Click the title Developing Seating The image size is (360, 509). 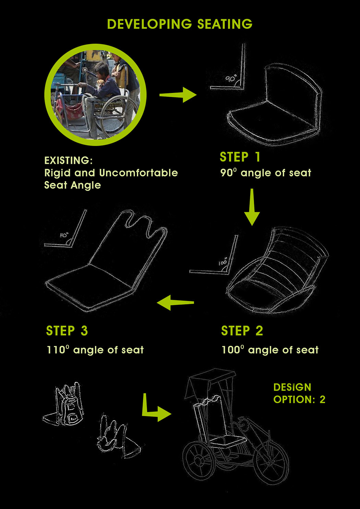tap(180, 24)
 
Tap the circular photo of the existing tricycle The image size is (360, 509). tap(96, 95)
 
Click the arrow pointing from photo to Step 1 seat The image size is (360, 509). tap(178, 95)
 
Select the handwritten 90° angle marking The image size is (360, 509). tap(230, 79)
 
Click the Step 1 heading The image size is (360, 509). tap(240, 157)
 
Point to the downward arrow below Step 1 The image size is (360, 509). tap(252, 207)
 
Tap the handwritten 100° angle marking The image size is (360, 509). tap(223, 263)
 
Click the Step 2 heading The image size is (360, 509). tap(242, 331)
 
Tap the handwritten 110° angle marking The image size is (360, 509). tap(64, 235)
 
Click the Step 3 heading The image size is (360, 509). tap(67, 331)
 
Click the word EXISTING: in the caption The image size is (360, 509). tap(68, 160)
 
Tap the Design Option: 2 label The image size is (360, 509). tap(299, 393)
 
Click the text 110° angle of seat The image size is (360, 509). tap(95, 350)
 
